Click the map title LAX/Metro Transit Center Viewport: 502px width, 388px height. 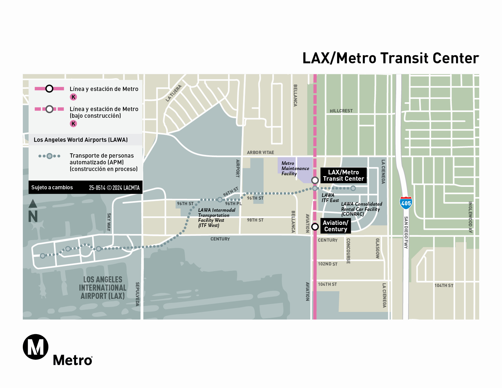390,58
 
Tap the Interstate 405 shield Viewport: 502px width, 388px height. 406,203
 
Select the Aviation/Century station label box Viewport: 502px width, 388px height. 336,226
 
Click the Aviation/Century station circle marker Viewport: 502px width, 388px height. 315,227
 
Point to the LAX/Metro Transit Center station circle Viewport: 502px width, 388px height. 315,180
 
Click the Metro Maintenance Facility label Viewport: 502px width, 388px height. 295,168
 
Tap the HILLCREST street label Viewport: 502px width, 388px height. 341,111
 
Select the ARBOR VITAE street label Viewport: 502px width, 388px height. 260,152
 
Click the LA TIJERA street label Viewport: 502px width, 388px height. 174,93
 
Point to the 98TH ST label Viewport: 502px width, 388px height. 255,220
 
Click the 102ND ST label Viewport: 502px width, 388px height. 328,264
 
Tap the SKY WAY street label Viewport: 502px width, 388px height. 109,222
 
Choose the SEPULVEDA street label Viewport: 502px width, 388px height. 137,294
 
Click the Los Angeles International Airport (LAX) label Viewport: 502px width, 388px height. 103,288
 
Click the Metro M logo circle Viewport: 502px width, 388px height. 36,347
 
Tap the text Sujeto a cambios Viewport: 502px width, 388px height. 52,187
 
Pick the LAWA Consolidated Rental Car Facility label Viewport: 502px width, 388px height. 361,209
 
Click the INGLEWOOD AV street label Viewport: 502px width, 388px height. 470,217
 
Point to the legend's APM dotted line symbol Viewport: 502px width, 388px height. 49,156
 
